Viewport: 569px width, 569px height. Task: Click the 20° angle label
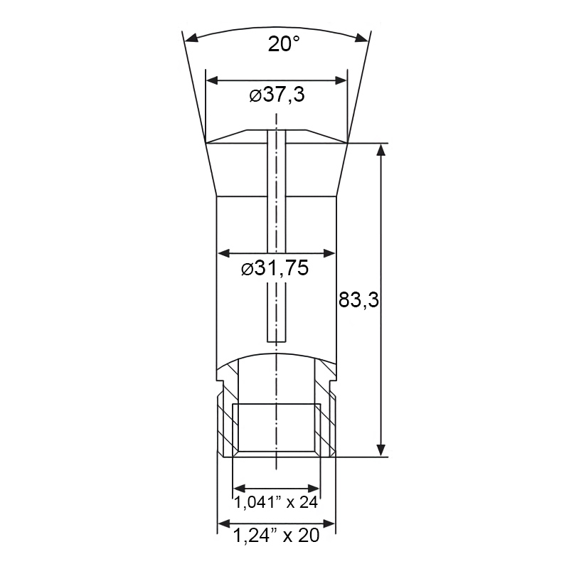(x=284, y=44)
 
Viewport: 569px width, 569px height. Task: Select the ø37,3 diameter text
(x=277, y=95)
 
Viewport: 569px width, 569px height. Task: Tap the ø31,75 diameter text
(x=275, y=268)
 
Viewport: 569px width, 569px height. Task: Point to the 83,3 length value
(x=358, y=300)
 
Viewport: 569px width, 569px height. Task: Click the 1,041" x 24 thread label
(x=276, y=502)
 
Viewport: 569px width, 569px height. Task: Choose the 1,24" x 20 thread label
(x=276, y=535)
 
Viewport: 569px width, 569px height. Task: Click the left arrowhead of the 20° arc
(x=191, y=38)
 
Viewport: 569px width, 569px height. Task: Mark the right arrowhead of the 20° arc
(x=362, y=38)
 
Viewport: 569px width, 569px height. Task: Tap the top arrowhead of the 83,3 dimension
(x=381, y=149)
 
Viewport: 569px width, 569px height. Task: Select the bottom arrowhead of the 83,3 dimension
(x=381, y=450)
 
